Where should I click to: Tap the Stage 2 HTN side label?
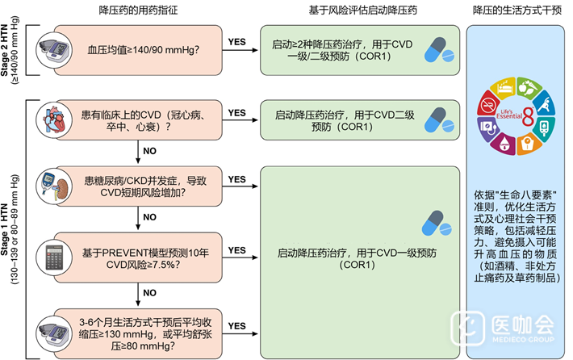(11, 50)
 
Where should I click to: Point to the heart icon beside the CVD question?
(52, 121)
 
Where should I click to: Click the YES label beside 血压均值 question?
(237, 41)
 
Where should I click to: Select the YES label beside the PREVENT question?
(237, 250)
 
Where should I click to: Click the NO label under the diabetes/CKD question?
(149, 217)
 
